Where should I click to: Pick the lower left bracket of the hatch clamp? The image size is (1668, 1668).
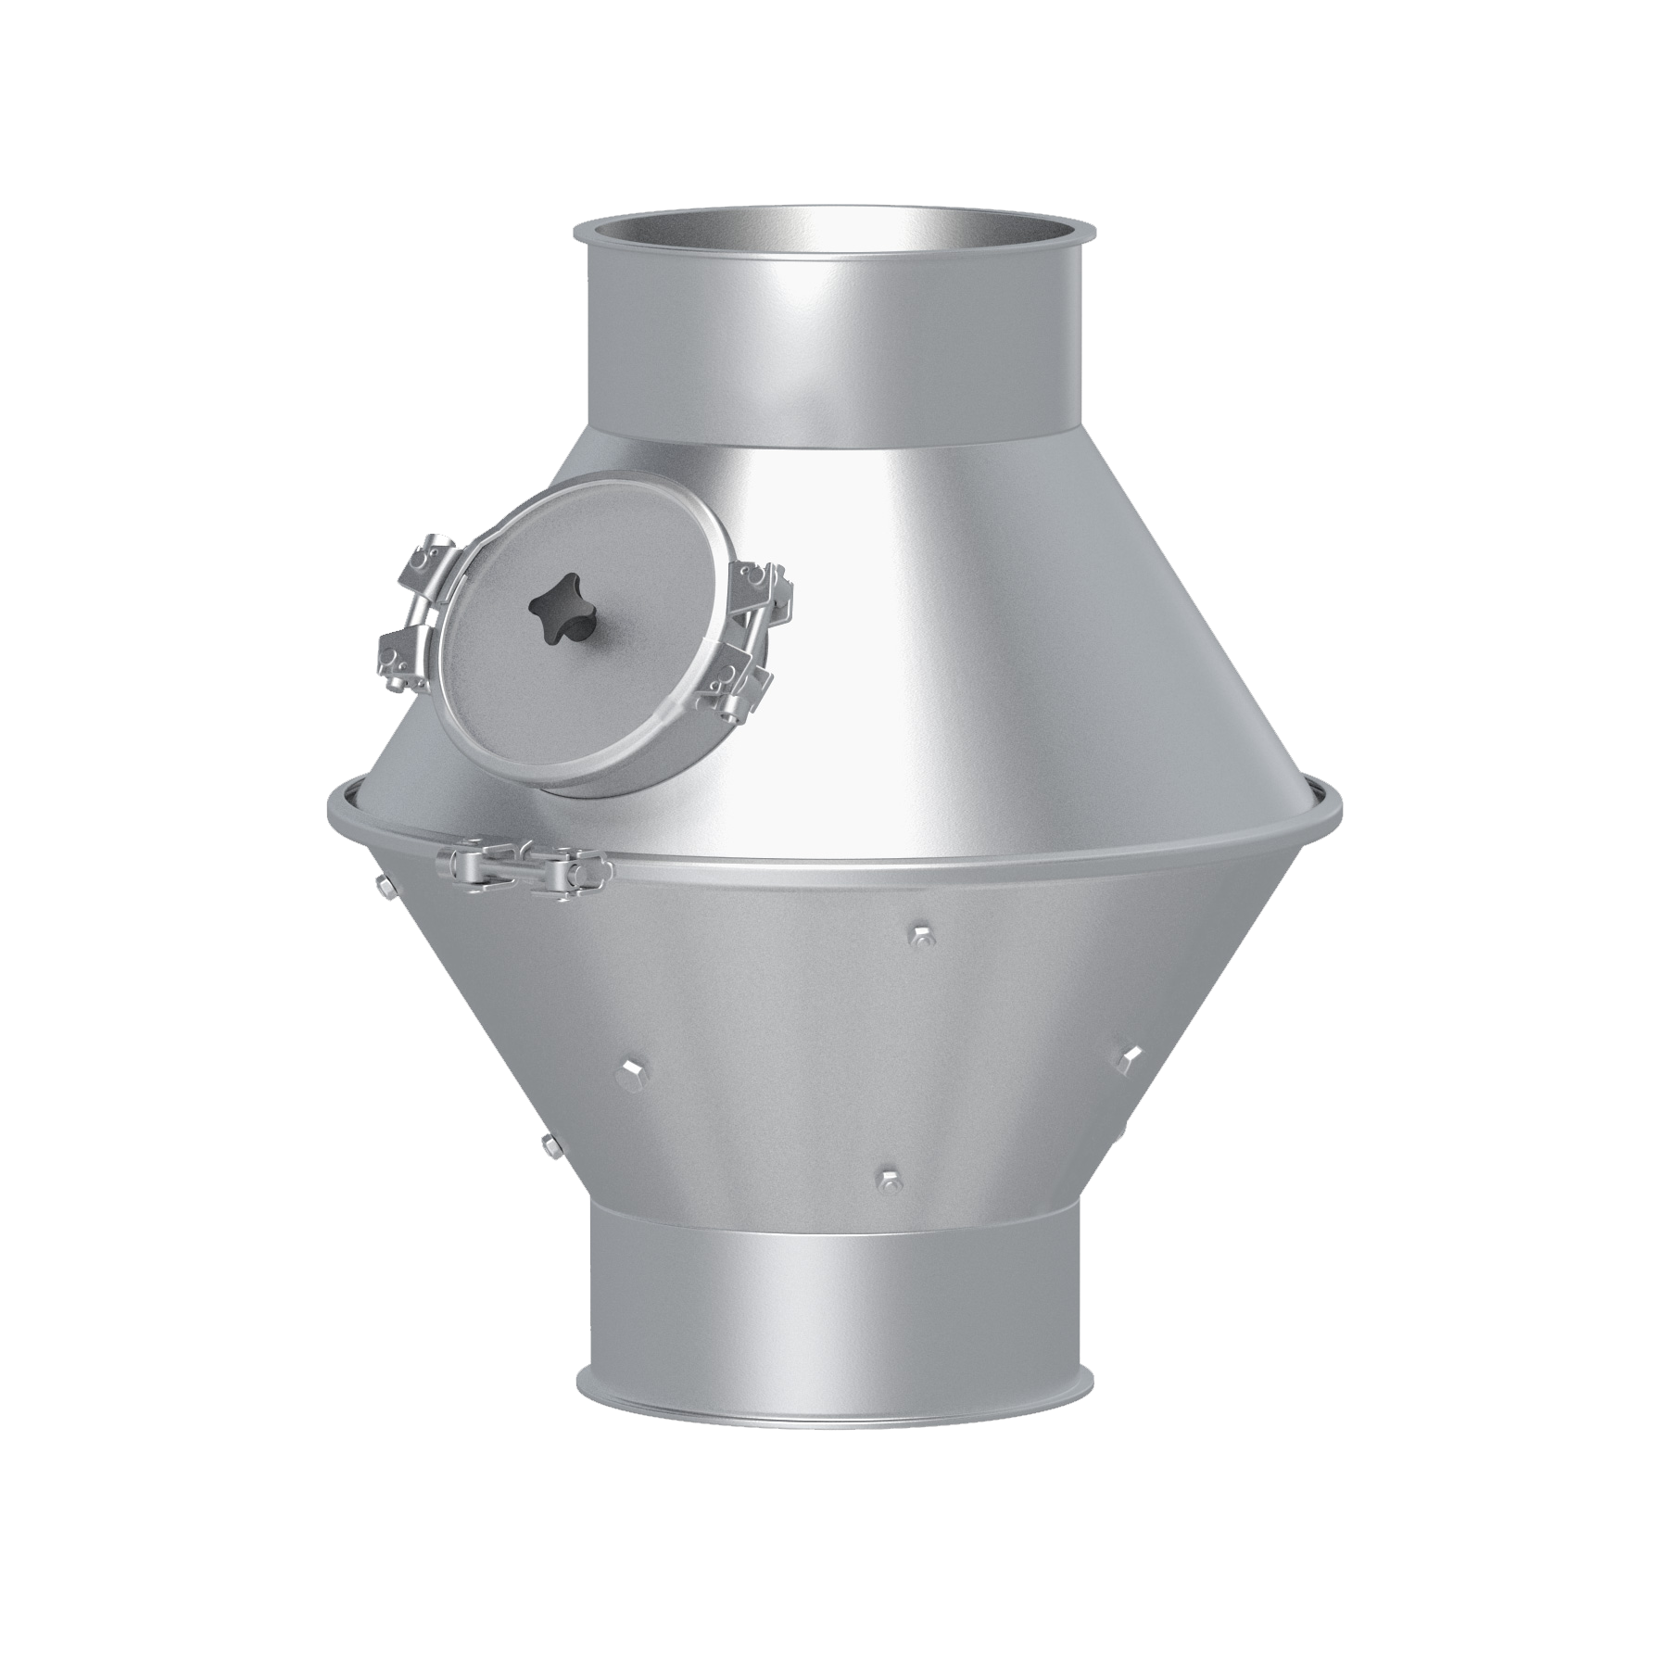point(400,652)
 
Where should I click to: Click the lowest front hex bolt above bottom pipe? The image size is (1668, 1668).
point(887,1179)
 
